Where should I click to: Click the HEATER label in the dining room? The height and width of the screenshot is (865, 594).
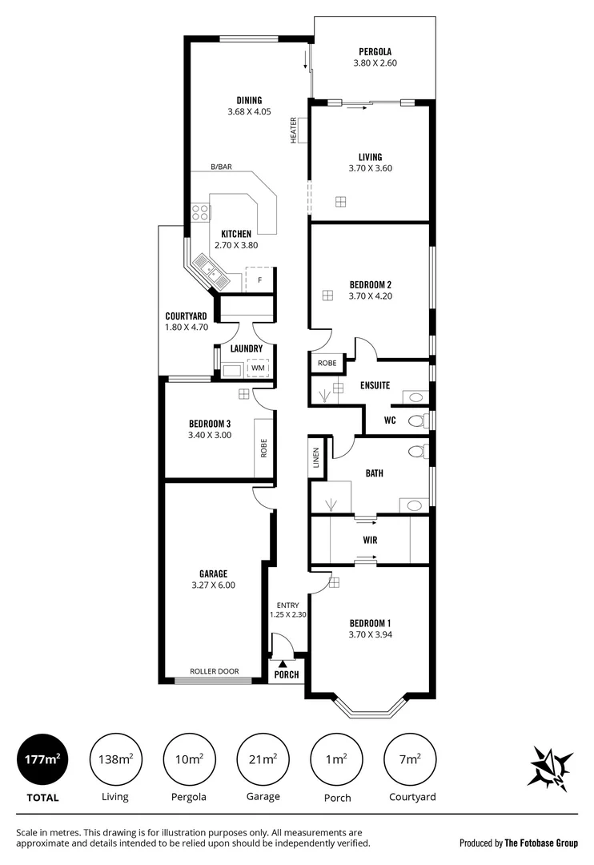tap(294, 131)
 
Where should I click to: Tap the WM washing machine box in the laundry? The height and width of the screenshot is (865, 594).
tap(258, 368)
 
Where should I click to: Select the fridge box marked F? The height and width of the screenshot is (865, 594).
tap(259, 280)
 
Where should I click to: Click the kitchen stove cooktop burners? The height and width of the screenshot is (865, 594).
tap(200, 212)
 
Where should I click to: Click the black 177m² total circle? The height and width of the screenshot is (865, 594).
tap(42, 759)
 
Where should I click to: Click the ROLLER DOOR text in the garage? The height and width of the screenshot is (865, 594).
tap(214, 671)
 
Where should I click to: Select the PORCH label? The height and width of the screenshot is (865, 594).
tap(287, 674)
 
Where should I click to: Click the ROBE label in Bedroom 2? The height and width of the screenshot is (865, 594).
tap(327, 363)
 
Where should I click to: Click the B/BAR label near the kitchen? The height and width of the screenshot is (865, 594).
tap(222, 167)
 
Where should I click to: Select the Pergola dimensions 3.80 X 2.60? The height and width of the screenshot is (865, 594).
tap(375, 62)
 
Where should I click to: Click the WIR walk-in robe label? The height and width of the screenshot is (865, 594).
tap(371, 540)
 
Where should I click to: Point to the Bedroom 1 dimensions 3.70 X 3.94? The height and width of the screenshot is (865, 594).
tap(370, 634)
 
